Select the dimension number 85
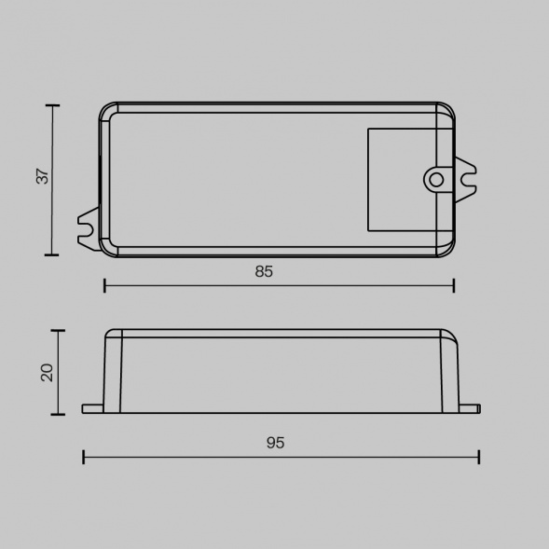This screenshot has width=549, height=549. click(x=264, y=271)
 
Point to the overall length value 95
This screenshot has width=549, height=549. click(x=275, y=443)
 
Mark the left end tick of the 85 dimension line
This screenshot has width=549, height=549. click(x=104, y=285)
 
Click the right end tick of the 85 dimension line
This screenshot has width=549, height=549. click(x=454, y=285)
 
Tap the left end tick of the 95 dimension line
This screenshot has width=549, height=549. click(x=84, y=457)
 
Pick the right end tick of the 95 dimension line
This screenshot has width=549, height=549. click(x=478, y=457)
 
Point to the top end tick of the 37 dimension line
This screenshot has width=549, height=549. click(x=52, y=105)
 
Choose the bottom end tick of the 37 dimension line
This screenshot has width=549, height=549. click(x=52, y=254)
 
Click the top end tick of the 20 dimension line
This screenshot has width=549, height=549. click(x=59, y=330)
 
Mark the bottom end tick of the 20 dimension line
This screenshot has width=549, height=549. click(x=59, y=414)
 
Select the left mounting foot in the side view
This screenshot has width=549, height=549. click(x=92, y=408)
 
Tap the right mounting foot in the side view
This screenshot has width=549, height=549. click(x=469, y=408)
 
